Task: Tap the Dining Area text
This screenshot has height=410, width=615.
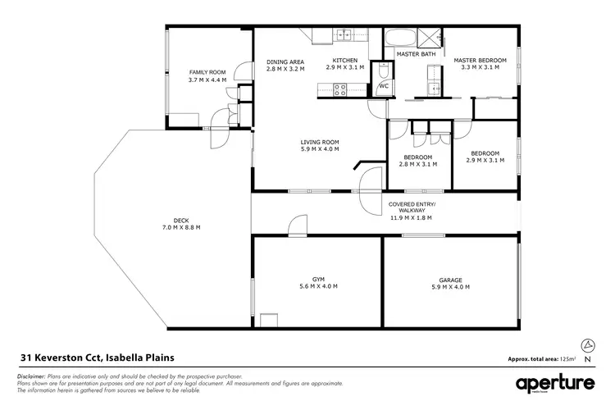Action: tap(285, 61)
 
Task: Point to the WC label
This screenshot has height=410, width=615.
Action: tap(383, 85)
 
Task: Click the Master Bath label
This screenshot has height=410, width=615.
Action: tap(416, 54)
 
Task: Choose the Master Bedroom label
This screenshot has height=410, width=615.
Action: tap(481, 61)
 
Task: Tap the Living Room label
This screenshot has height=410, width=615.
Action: tap(320, 142)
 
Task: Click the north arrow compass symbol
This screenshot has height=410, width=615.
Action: tap(587, 344)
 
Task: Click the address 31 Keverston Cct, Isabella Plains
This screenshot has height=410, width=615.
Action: tap(97, 358)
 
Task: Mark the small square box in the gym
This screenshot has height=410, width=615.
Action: tap(268, 320)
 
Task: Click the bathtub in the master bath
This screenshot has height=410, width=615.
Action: tap(400, 37)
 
